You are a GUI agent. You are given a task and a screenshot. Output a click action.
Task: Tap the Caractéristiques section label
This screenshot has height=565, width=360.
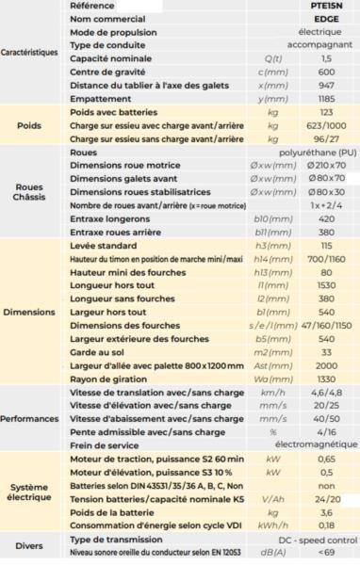[x=31, y=53]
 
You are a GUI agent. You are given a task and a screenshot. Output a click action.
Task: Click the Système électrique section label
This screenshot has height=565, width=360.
[x=31, y=493]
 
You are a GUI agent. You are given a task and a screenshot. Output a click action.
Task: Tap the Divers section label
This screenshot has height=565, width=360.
[x=31, y=544]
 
